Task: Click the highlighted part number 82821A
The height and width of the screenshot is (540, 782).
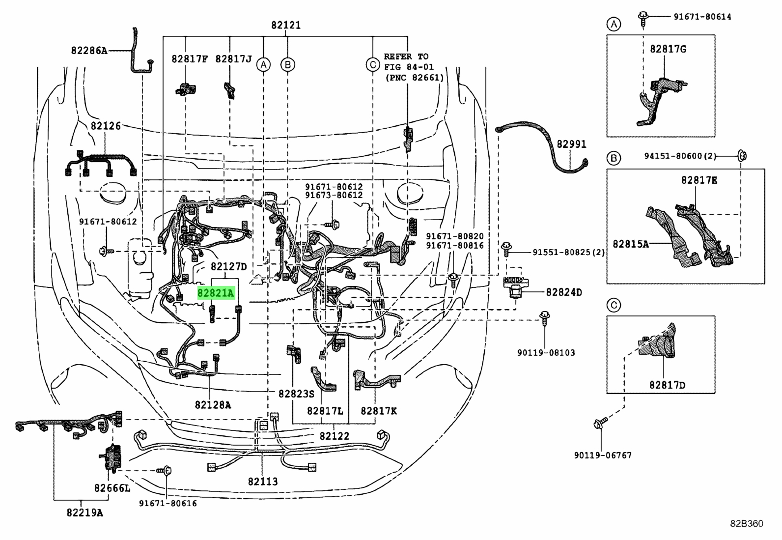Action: tap(216, 293)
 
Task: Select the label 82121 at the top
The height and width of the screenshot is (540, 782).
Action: tap(286, 25)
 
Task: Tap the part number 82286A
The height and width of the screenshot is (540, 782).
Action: tap(89, 51)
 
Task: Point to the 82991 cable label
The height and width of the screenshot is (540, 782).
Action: tap(571, 144)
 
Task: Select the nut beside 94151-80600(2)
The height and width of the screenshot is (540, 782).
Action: tap(742, 155)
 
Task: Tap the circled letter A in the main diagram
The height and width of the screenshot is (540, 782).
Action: tap(264, 65)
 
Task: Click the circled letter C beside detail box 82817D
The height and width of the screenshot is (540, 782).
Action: tap(614, 306)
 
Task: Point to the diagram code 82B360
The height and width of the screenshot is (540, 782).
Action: tap(747, 524)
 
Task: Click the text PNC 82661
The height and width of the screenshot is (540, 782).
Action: tap(415, 78)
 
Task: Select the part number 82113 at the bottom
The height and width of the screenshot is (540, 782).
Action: tap(263, 482)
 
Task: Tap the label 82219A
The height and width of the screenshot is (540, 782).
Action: tap(85, 513)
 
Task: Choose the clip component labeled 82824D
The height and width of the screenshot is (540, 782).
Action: tap(515, 287)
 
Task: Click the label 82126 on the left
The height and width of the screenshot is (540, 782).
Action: tap(106, 126)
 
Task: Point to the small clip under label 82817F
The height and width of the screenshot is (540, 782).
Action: tap(185, 89)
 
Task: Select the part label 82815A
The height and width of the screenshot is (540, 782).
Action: tap(631, 244)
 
